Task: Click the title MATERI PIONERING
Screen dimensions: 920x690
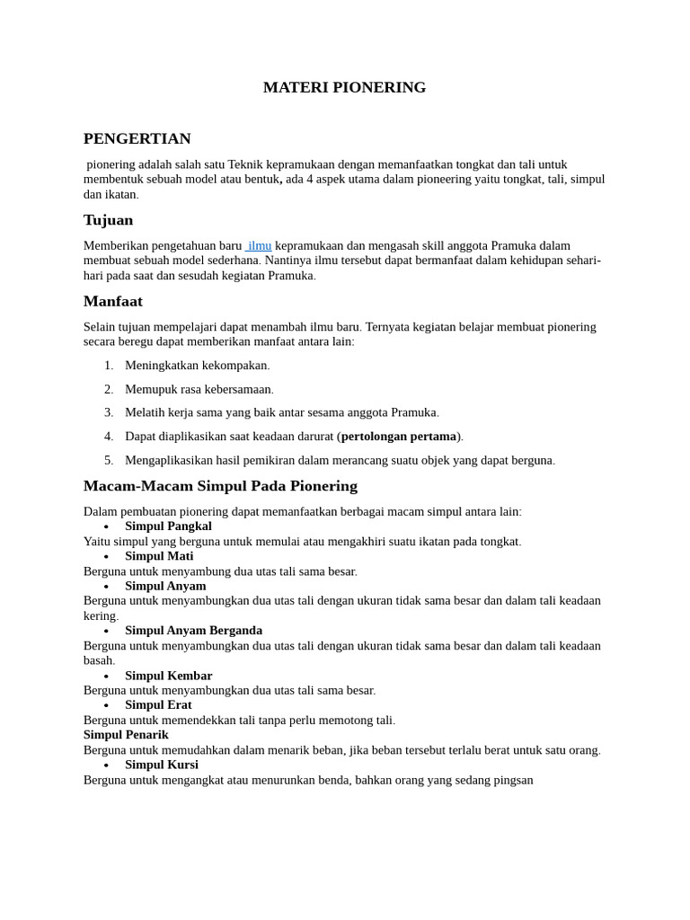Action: [x=344, y=87]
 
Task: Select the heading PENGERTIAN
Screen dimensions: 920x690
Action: [x=137, y=138]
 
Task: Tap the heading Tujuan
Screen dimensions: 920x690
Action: [x=108, y=220]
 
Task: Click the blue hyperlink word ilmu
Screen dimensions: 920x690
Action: [x=260, y=245]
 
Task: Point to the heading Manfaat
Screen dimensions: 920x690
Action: [x=113, y=301]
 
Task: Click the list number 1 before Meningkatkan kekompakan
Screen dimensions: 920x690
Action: [x=109, y=366]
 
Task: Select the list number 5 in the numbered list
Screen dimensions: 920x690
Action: [x=109, y=460]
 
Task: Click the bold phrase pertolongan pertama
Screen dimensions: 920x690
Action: [x=399, y=437]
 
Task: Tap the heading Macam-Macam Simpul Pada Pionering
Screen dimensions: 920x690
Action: [x=220, y=486]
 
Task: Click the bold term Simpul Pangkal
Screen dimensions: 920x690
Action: [x=168, y=526]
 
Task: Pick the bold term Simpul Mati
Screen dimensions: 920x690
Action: [x=159, y=556]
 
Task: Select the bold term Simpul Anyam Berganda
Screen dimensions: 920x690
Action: [x=193, y=631]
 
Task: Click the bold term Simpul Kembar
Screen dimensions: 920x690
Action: [x=168, y=676]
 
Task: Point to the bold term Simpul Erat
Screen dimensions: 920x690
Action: [x=158, y=705]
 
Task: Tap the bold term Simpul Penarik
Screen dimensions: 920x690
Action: [x=126, y=735]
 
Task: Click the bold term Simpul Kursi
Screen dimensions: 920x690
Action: [x=162, y=765]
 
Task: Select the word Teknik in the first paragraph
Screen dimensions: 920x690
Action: [x=246, y=164]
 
